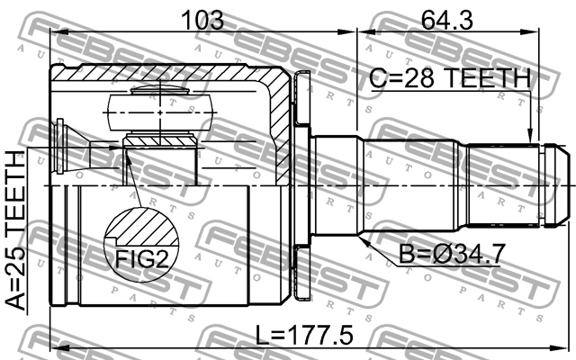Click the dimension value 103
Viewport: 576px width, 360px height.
tap(202, 18)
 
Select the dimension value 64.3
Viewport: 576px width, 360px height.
tap(447, 18)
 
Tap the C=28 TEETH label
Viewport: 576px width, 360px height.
tap(449, 79)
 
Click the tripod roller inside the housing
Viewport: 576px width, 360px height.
tap(159, 112)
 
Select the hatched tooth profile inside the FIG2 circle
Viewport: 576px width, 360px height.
tap(142, 225)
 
